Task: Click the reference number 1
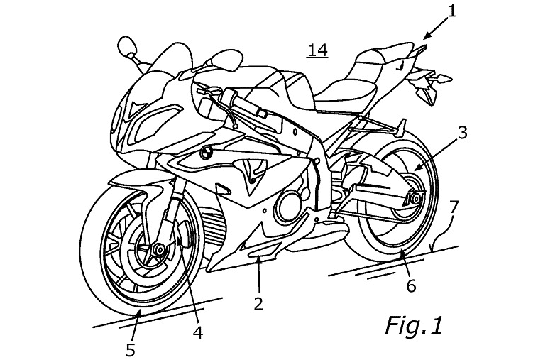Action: (x=453, y=11)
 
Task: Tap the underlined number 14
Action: (x=317, y=50)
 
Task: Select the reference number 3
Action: (x=463, y=133)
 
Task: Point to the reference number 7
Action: (x=454, y=207)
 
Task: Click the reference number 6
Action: (x=411, y=285)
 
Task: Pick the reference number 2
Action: (x=258, y=303)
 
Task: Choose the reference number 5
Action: (x=131, y=350)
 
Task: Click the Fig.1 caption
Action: (x=414, y=325)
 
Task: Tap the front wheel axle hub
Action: (x=159, y=249)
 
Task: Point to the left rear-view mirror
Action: (x=126, y=45)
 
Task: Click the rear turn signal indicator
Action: (x=443, y=78)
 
